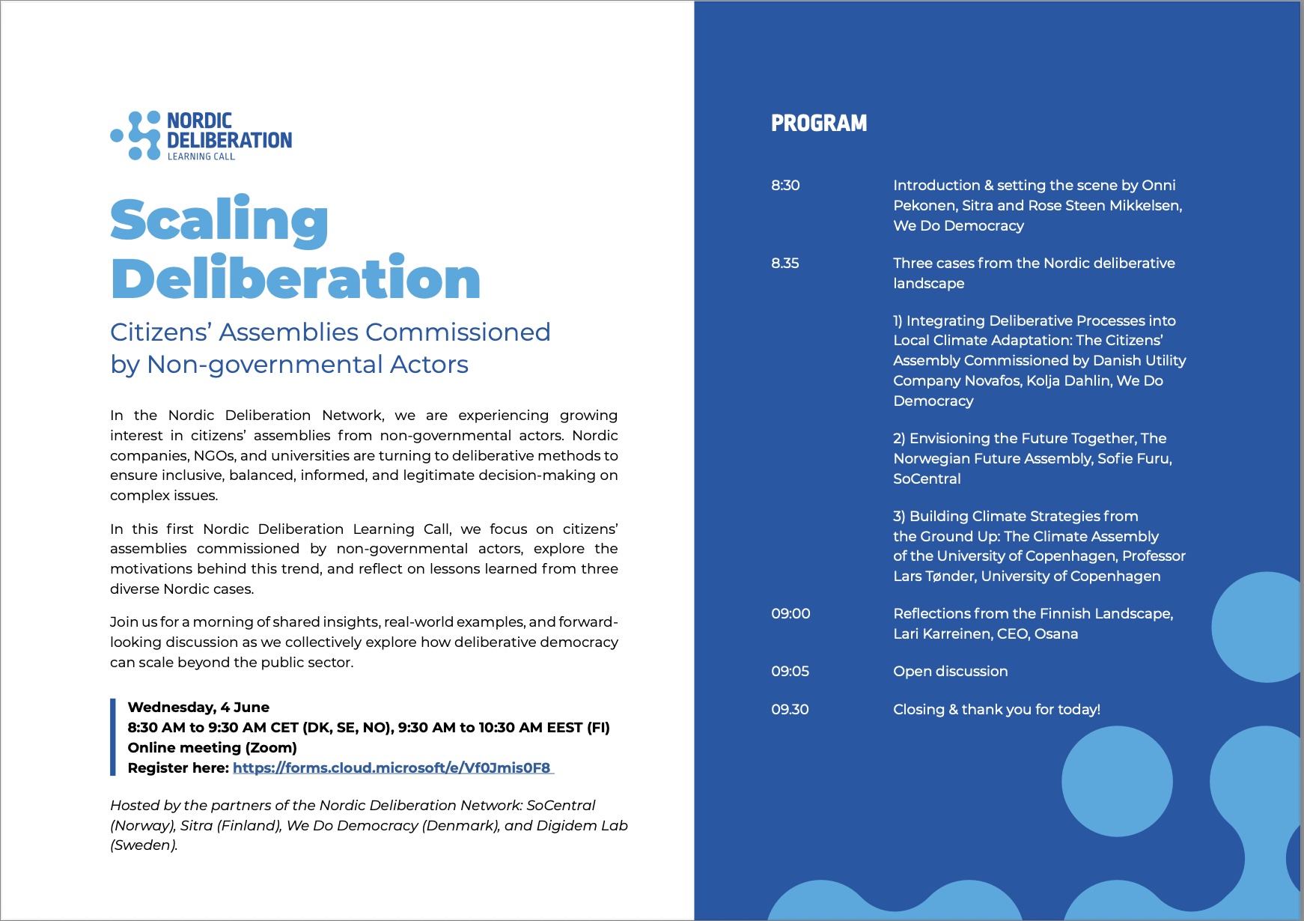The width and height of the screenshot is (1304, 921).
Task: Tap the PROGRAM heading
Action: tap(819, 124)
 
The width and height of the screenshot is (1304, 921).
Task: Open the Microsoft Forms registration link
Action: tap(392, 767)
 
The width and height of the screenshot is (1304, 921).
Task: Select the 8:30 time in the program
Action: tap(785, 185)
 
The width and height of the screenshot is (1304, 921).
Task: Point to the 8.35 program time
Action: tap(785, 263)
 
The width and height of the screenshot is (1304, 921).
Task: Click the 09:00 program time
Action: tap(790, 613)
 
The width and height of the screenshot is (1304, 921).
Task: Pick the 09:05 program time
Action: tap(790, 671)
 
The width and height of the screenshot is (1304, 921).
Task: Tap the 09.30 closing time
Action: tap(790, 709)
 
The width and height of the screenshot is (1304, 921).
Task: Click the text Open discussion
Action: tap(950, 671)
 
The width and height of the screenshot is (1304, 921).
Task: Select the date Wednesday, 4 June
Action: tap(198, 707)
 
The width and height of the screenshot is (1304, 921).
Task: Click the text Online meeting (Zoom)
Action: tap(212, 747)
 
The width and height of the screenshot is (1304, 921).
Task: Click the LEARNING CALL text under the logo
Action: tap(201, 156)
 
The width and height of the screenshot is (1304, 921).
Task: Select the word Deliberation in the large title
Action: tap(295, 279)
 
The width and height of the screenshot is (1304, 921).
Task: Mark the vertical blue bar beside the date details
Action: tap(113, 737)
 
